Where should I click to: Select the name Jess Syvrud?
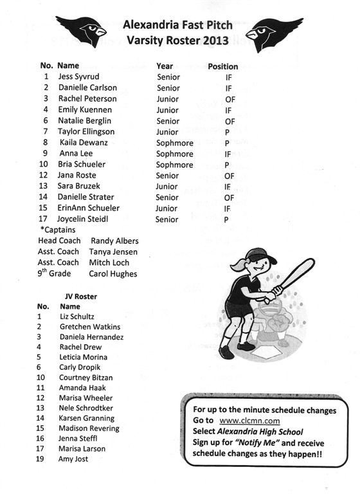coord(78,77)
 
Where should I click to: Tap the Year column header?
coord(165,66)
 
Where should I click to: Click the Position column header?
coord(222,66)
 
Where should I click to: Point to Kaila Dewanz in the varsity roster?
coord(83,142)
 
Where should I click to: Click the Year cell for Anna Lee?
coord(175,154)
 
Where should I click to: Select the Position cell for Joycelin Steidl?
coord(226,220)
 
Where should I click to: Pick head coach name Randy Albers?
coord(114,241)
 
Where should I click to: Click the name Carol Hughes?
coord(113,274)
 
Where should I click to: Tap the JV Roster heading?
coord(81,297)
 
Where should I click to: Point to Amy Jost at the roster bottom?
coord(74,459)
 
